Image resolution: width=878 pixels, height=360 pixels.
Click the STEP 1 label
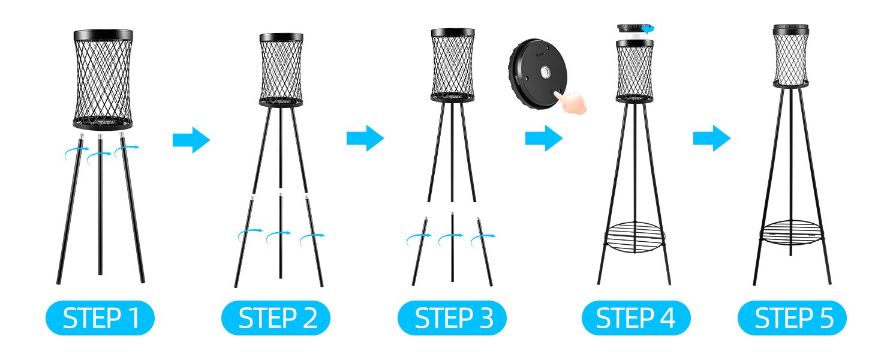click(x=100, y=317)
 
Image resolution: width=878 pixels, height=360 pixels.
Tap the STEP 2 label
click(x=276, y=317)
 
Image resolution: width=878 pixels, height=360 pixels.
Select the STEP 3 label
click(x=452, y=317)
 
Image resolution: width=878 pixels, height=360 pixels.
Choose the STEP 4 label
click(x=636, y=317)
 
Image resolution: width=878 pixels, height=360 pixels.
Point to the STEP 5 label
click(x=792, y=317)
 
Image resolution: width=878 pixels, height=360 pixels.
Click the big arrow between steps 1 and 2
click(x=191, y=140)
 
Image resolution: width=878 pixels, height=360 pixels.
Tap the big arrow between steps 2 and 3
click(x=365, y=138)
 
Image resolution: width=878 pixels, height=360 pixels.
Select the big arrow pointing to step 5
click(x=712, y=138)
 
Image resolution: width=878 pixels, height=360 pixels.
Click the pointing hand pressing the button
click(x=571, y=102)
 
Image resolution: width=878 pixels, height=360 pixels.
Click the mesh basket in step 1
click(x=103, y=80)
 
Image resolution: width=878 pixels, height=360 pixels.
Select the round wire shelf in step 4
click(x=635, y=237)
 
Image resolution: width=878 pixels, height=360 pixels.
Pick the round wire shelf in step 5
click(x=791, y=233)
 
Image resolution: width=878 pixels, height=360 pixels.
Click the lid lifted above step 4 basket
click(x=635, y=29)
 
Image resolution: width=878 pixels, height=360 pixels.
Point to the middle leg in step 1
click(x=100, y=204)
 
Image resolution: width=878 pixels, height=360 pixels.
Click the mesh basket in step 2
click(x=281, y=70)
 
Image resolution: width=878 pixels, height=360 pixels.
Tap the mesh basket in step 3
click(x=453, y=65)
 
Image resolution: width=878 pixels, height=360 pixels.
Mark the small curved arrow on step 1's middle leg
click(x=99, y=155)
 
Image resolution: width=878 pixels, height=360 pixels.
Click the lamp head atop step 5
click(x=790, y=55)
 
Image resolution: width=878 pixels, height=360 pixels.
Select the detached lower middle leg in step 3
click(x=452, y=247)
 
